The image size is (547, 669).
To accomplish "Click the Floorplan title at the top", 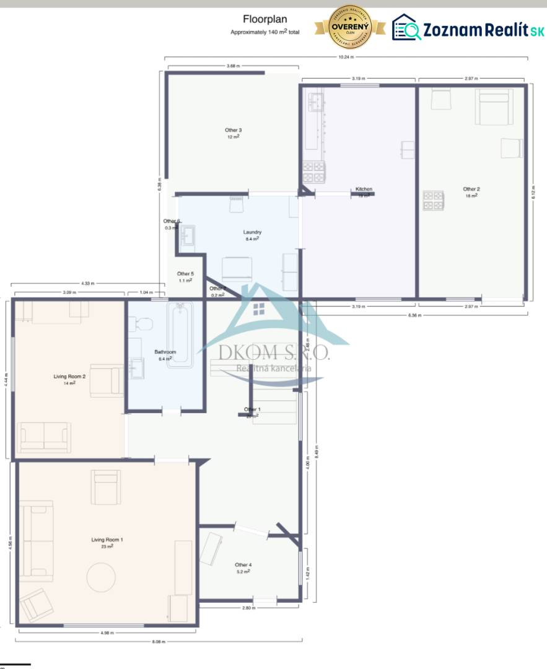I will tap(265, 19).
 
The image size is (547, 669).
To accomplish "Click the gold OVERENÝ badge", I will tap(350, 28).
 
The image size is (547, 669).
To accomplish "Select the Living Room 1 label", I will tap(107, 540).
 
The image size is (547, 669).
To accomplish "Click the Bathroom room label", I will tap(165, 352).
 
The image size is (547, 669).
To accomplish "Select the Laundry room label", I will tap(252, 232).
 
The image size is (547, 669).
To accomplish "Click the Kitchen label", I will tap(364, 189).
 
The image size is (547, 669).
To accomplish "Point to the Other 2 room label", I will tap(471, 189).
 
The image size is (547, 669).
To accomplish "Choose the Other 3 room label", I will tap(233, 130).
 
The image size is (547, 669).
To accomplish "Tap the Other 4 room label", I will tap(243, 565).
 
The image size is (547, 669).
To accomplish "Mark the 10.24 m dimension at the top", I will tap(346, 57).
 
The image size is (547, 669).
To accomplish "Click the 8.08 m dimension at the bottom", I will tap(160, 642).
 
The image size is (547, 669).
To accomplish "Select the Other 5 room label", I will tap(185, 274).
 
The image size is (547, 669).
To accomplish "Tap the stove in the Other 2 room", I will tap(434, 201).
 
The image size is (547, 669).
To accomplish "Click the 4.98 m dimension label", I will tap(108, 633).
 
